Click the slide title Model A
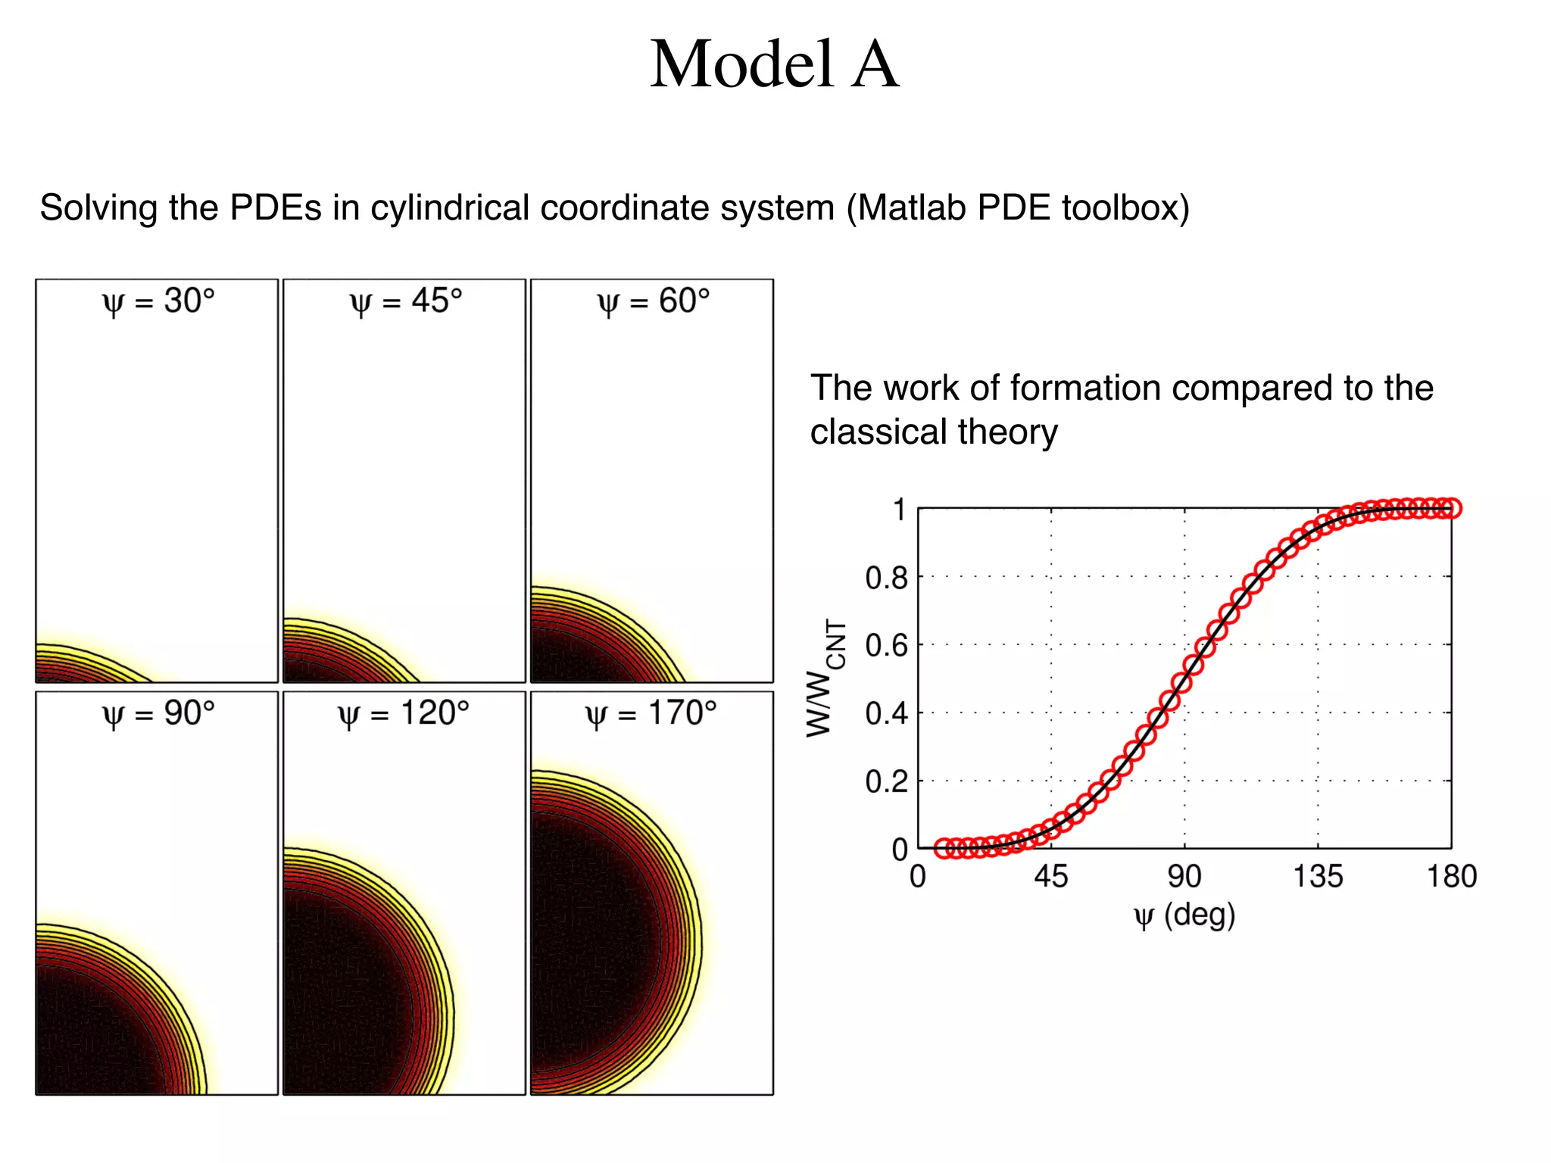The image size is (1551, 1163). pyautogui.click(x=774, y=65)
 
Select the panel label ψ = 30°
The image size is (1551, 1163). pyautogui.click(x=158, y=302)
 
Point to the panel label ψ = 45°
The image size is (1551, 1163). pyautogui.click(x=406, y=302)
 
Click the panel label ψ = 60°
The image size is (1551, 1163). pyautogui.click(x=654, y=302)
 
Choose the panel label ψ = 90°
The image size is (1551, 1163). pyautogui.click(x=158, y=714)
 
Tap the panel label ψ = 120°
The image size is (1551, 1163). pyautogui.click(x=404, y=714)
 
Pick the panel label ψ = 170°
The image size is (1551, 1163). pyautogui.click(x=651, y=714)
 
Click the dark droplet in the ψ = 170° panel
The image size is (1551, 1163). pyautogui.click(x=598, y=939)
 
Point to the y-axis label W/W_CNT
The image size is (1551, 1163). pyautogui.click(x=824, y=678)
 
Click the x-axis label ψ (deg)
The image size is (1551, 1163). pyautogui.click(x=1184, y=916)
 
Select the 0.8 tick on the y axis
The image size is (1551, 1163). pyautogui.click(x=886, y=578)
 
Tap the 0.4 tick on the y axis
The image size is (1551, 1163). pyautogui.click(x=886, y=713)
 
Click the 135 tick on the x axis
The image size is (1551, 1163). pyautogui.click(x=1318, y=877)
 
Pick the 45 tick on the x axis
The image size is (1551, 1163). pyautogui.click(x=1051, y=877)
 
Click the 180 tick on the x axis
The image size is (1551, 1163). pyautogui.click(x=1452, y=877)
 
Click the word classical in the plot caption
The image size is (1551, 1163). pyautogui.click(x=878, y=432)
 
